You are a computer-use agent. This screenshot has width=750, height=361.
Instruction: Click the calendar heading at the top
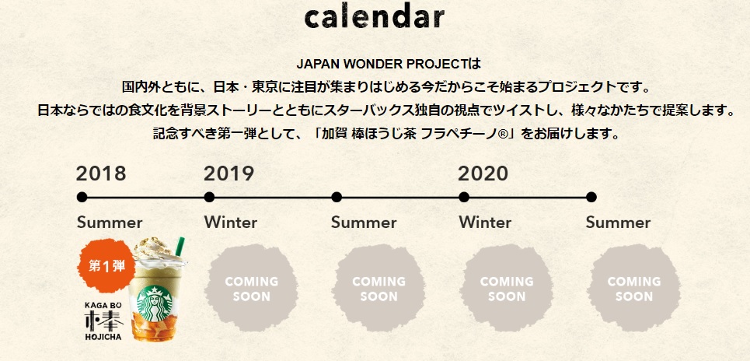375,18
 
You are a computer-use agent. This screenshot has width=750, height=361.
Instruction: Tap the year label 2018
101,173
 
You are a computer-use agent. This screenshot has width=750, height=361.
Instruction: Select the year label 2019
228,173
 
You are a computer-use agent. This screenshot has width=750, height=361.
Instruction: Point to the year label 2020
483,173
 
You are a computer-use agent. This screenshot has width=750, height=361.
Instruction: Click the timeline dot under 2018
82,197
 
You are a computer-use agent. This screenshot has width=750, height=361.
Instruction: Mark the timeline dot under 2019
209,197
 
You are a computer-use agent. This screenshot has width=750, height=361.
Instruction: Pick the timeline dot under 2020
464,197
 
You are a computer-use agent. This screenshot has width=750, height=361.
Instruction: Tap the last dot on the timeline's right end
591,197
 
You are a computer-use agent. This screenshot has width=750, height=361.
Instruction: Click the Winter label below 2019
230,223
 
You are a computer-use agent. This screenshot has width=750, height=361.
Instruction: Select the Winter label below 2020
485,223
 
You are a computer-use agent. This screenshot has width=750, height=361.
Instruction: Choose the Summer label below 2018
110,223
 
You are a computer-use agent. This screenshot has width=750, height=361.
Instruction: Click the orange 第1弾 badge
105,266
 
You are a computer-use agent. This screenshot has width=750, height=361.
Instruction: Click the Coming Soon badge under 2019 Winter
251,289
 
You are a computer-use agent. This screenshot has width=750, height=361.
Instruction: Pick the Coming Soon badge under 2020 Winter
506,289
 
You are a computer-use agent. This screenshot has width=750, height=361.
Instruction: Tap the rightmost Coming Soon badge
633,289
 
